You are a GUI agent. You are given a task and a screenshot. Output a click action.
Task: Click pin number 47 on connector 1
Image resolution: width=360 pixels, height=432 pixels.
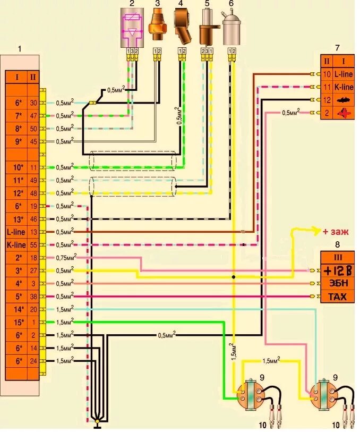coord(33,115)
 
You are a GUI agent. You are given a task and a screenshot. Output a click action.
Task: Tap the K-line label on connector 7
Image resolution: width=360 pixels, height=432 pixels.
coord(344,87)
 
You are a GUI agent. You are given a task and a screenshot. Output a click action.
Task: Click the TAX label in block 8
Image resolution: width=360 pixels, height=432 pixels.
coord(338,297)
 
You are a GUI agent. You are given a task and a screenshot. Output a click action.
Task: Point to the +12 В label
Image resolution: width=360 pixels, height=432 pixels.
coord(338,270)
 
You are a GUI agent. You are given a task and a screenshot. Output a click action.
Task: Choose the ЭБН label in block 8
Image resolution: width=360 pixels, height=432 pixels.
coord(338,283)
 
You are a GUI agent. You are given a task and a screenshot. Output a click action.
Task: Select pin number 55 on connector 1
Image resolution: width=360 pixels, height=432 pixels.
coord(33,244)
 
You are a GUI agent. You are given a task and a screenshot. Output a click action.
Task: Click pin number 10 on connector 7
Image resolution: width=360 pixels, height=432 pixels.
coord(327,74)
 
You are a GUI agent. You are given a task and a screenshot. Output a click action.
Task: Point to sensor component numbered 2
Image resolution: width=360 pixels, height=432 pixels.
coord(130,29)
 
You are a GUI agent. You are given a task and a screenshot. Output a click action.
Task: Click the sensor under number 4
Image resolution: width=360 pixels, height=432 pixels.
coord(182,30)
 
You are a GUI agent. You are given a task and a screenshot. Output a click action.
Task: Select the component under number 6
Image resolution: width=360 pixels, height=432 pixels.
coord(231,29)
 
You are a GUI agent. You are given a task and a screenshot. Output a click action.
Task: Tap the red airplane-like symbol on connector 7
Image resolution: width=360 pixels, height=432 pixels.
coord(344,112)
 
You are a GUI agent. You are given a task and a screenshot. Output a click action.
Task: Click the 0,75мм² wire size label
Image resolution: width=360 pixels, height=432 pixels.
coord(66,257)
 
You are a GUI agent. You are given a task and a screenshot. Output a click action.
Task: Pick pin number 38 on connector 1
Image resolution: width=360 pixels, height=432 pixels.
coord(33,296)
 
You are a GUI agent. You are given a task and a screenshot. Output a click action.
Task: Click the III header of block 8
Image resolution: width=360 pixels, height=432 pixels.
coord(338,257)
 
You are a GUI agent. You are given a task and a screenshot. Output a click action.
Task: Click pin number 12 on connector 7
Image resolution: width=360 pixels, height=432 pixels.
coord(327,99)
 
